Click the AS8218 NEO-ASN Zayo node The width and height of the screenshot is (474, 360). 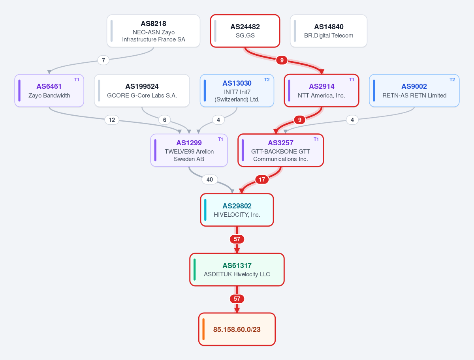click(153, 31)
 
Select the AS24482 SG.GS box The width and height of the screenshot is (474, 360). click(245, 31)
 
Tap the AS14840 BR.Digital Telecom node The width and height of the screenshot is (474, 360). click(329, 31)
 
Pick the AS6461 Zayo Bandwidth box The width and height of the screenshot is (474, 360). click(49, 90)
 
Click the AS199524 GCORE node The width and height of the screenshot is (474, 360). click(142, 90)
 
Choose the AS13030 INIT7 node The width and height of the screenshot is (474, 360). click(237, 90)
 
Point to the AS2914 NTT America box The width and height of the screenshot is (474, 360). click(322, 90)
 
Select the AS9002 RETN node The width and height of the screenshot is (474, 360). click(414, 90)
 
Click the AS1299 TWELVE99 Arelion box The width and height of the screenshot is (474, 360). click(189, 150)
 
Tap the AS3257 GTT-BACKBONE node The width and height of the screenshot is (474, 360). click(280, 150)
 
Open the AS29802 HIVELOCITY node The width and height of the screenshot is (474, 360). click(237, 210)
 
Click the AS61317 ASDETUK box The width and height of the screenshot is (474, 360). click(237, 270)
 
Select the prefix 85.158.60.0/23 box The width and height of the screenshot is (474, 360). click(237, 329)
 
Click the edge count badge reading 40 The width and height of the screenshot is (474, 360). click(210, 180)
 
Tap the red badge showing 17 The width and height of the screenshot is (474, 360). click(262, 180)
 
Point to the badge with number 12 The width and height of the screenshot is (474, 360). click(112, 120)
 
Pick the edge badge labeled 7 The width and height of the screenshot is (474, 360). click(103, 60)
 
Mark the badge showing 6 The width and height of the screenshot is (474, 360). click(165, 120)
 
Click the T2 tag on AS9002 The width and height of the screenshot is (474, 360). click(452, 80)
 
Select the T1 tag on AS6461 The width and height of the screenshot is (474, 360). click(77, 80)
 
